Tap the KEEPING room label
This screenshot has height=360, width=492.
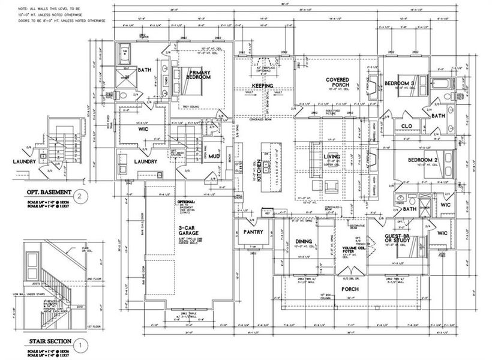click(262, 86)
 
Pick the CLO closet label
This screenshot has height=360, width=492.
click(406, 126)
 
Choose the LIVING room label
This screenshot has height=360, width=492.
click(332, 157)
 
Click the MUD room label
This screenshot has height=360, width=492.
click(214, 157)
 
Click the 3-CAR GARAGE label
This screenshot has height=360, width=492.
click(188, 232)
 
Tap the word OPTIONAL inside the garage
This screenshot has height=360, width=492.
click(185, 202)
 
